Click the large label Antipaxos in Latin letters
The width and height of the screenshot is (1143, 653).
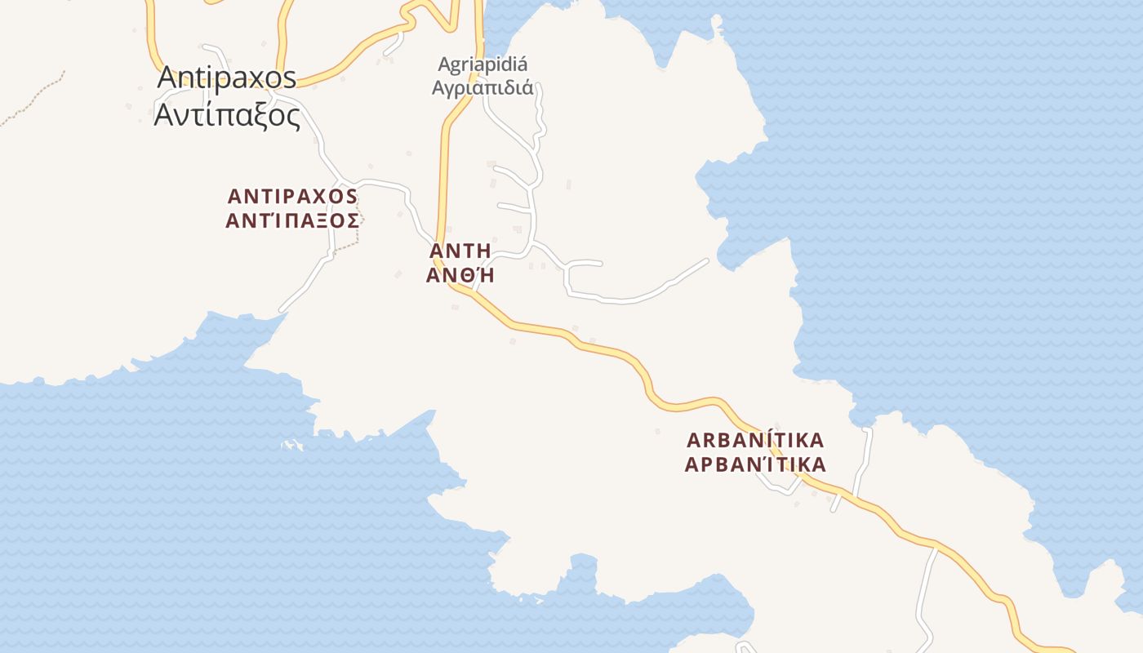[227, 78]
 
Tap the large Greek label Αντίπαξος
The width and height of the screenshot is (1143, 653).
[227, 116]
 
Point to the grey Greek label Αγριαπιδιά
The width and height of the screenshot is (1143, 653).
[483, 87]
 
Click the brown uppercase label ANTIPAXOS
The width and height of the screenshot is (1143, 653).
[292, 197]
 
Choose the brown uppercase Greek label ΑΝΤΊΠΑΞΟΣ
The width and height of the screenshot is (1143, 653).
[292, 220]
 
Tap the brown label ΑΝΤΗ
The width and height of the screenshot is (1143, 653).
[460, 251]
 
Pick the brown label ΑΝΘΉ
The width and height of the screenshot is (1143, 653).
[460, 276]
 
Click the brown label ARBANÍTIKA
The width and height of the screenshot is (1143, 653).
[755, 441]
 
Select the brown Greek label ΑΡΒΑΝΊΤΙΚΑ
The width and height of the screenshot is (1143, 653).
[755, 465]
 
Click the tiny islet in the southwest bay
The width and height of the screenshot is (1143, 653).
[290, 446]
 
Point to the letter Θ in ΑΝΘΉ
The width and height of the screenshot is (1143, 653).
[460, 276]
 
